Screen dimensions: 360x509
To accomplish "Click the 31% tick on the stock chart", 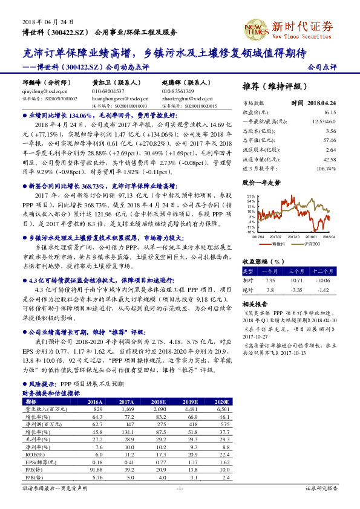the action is coord(250,197).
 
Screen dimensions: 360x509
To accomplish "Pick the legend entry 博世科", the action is coord(277,244).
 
